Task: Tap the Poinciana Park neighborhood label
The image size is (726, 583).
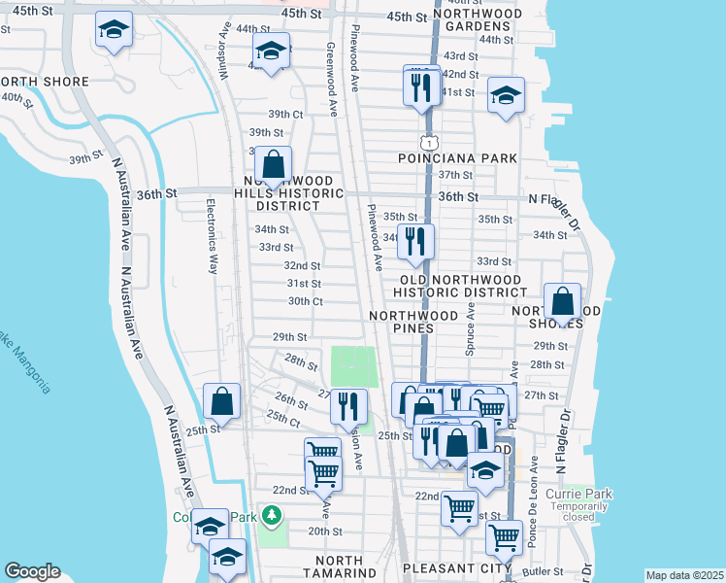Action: (456, 157)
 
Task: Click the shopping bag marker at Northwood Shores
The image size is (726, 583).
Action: (562, 302)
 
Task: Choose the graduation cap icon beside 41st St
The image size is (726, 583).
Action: (505, 96)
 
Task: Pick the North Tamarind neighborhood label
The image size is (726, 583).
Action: (325, 567)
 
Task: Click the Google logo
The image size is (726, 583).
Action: (32, 571)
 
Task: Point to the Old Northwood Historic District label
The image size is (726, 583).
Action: (462, 286)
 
